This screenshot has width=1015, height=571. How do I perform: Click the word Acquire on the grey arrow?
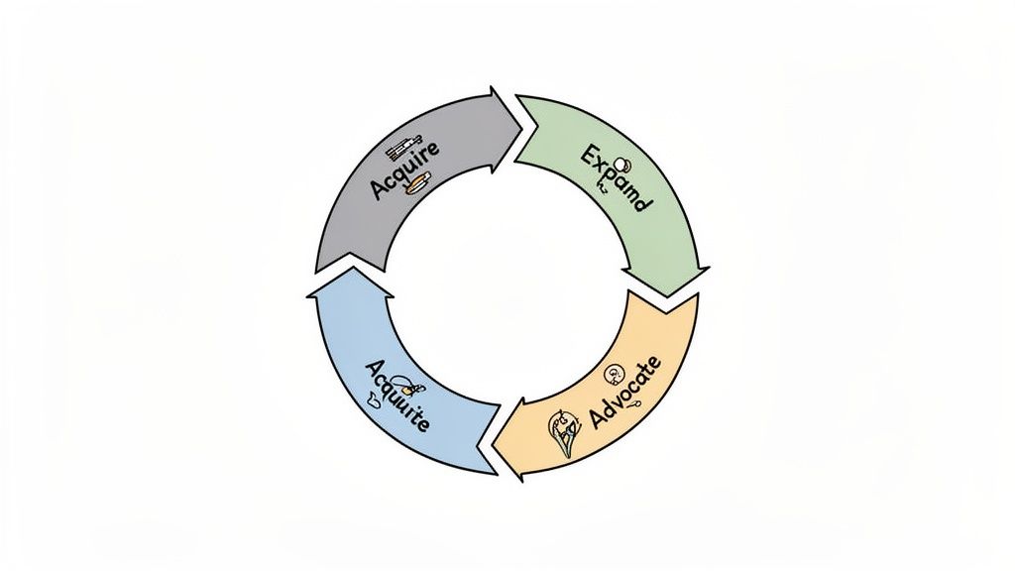click(403, 171)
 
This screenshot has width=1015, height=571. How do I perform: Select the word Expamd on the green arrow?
click(615, 179)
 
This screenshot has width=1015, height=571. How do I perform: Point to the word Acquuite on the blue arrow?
click(396, 395)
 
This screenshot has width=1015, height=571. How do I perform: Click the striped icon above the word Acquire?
click(402, 148)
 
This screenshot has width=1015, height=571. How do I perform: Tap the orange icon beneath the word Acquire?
click(417, 182)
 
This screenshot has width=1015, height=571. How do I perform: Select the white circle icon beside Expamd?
click(622, 164)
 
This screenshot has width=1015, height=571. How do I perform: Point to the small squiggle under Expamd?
click(601, 194)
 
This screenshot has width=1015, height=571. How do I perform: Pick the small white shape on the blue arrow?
click(373, 400)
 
